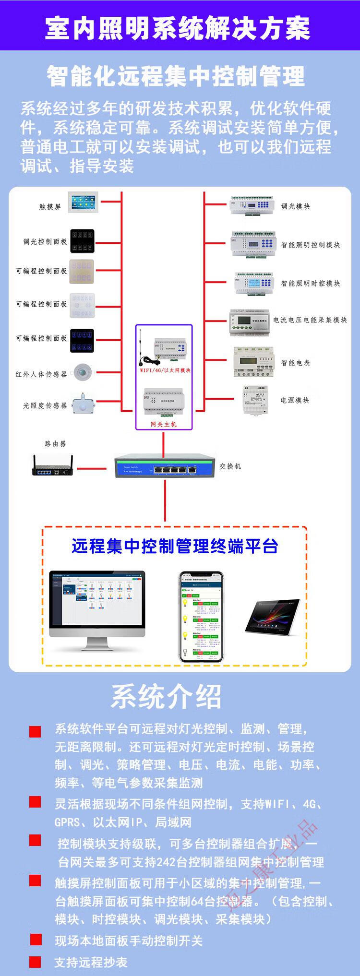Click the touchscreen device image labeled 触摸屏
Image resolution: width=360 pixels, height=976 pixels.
(x=83, y=202)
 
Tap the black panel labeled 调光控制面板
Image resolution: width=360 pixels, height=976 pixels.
(x=82, y=241)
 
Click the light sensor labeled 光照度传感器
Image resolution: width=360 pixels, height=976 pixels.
(x=82, y=404)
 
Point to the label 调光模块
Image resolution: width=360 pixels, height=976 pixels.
(x=295, y=206)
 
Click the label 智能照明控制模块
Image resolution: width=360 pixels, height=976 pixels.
(x=310, y=245)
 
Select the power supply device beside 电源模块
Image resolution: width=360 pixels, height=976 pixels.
(x=255, y=399)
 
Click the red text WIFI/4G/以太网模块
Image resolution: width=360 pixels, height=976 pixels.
(x=165, y=370)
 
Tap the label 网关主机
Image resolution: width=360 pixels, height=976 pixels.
(x=164, y=424)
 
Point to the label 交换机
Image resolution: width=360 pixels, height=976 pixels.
(x=230, y=466)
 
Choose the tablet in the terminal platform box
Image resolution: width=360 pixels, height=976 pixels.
(x=272, y=615)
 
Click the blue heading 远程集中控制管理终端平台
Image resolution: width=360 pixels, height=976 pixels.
(x=175, y=546)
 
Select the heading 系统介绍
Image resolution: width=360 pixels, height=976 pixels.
(x=166, y=697)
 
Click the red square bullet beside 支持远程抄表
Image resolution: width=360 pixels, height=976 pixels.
(x=35, y=962)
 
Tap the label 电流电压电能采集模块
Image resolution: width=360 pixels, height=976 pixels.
(x=310, y=320)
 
